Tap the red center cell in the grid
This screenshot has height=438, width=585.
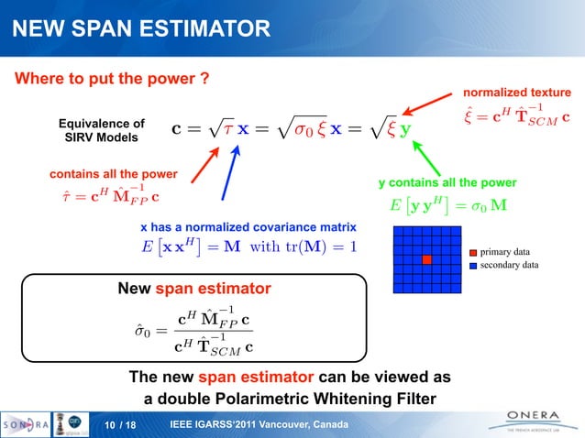coord(426,260)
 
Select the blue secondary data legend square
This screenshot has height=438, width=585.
coord(472,265)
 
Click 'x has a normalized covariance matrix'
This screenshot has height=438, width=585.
coord(248,226)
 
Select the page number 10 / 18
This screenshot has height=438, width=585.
coord(119,423)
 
